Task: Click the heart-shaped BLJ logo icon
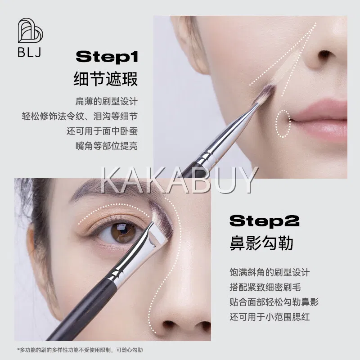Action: (x=30, y=31)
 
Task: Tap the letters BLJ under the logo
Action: (x=29, y=52)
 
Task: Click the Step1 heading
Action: (x=107, y=57)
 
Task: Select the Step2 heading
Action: (x=264, y=220)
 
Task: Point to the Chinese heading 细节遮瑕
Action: (x=106, y=79)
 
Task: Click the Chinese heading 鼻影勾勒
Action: (x=261, y=243)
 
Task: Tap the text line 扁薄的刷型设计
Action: (x=107, y=101)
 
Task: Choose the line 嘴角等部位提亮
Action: (x=107, y=146)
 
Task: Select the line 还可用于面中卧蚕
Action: (x=102, y=131)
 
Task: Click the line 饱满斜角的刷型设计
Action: (x=270, y=273)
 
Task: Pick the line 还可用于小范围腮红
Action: (x=270, y=317)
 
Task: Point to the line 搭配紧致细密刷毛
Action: (x=265, y=287)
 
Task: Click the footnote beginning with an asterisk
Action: (x=80, y=350)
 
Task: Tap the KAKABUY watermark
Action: (x=180, y=180)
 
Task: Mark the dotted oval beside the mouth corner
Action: (x=283, y=124)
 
